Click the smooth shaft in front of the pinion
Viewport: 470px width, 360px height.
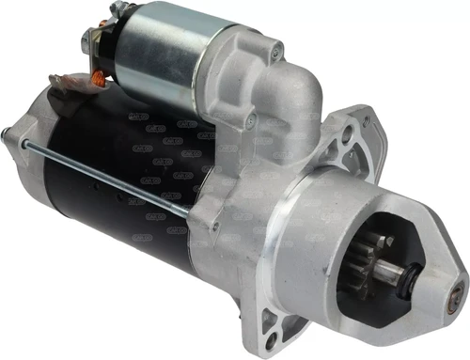coord(415,275)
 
